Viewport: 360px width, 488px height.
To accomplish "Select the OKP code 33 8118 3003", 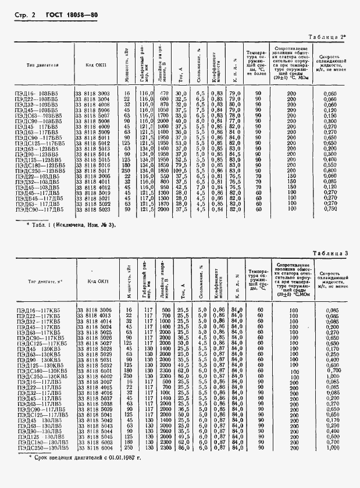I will pos(92,93).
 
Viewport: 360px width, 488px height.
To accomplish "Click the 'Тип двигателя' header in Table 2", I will pos(38,66).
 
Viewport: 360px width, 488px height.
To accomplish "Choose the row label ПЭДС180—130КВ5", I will pos(38,370).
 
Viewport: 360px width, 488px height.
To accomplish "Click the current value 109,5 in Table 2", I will pos(181,170).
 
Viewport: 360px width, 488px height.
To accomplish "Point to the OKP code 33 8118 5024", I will pos(93,327).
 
